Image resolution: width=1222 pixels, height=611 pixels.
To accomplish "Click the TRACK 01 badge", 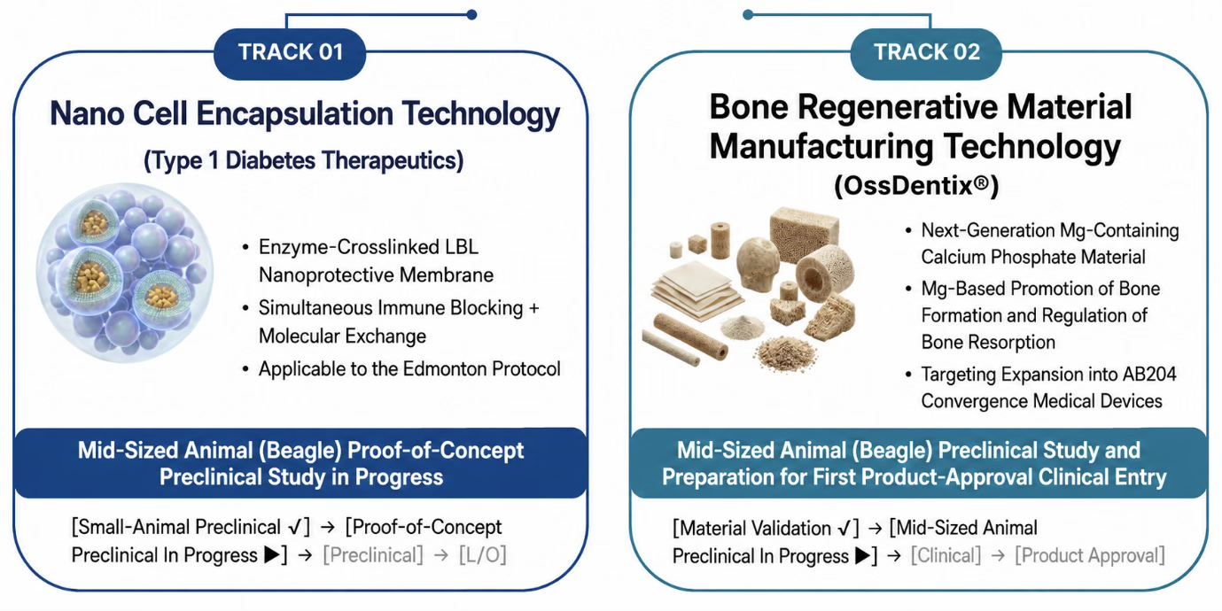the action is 290,53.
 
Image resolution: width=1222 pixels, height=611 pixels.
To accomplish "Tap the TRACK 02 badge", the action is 926,53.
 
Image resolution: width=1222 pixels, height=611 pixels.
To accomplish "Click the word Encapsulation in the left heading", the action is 294,114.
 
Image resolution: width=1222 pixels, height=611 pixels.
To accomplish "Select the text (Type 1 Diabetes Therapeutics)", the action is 303,161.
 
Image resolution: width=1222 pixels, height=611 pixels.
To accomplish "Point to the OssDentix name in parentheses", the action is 916,187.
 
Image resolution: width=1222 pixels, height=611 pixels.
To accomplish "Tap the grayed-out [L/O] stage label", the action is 483,555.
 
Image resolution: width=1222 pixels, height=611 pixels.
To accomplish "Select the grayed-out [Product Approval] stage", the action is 1090,556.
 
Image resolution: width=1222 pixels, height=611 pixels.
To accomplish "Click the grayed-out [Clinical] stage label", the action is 946,556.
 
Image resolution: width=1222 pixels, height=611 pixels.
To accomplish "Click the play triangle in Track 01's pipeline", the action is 272,555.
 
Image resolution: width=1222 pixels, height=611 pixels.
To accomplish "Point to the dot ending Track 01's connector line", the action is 472,15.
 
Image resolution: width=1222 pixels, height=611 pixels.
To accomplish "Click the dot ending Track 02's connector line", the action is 748,15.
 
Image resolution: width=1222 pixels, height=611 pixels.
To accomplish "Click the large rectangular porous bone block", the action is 804,234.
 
